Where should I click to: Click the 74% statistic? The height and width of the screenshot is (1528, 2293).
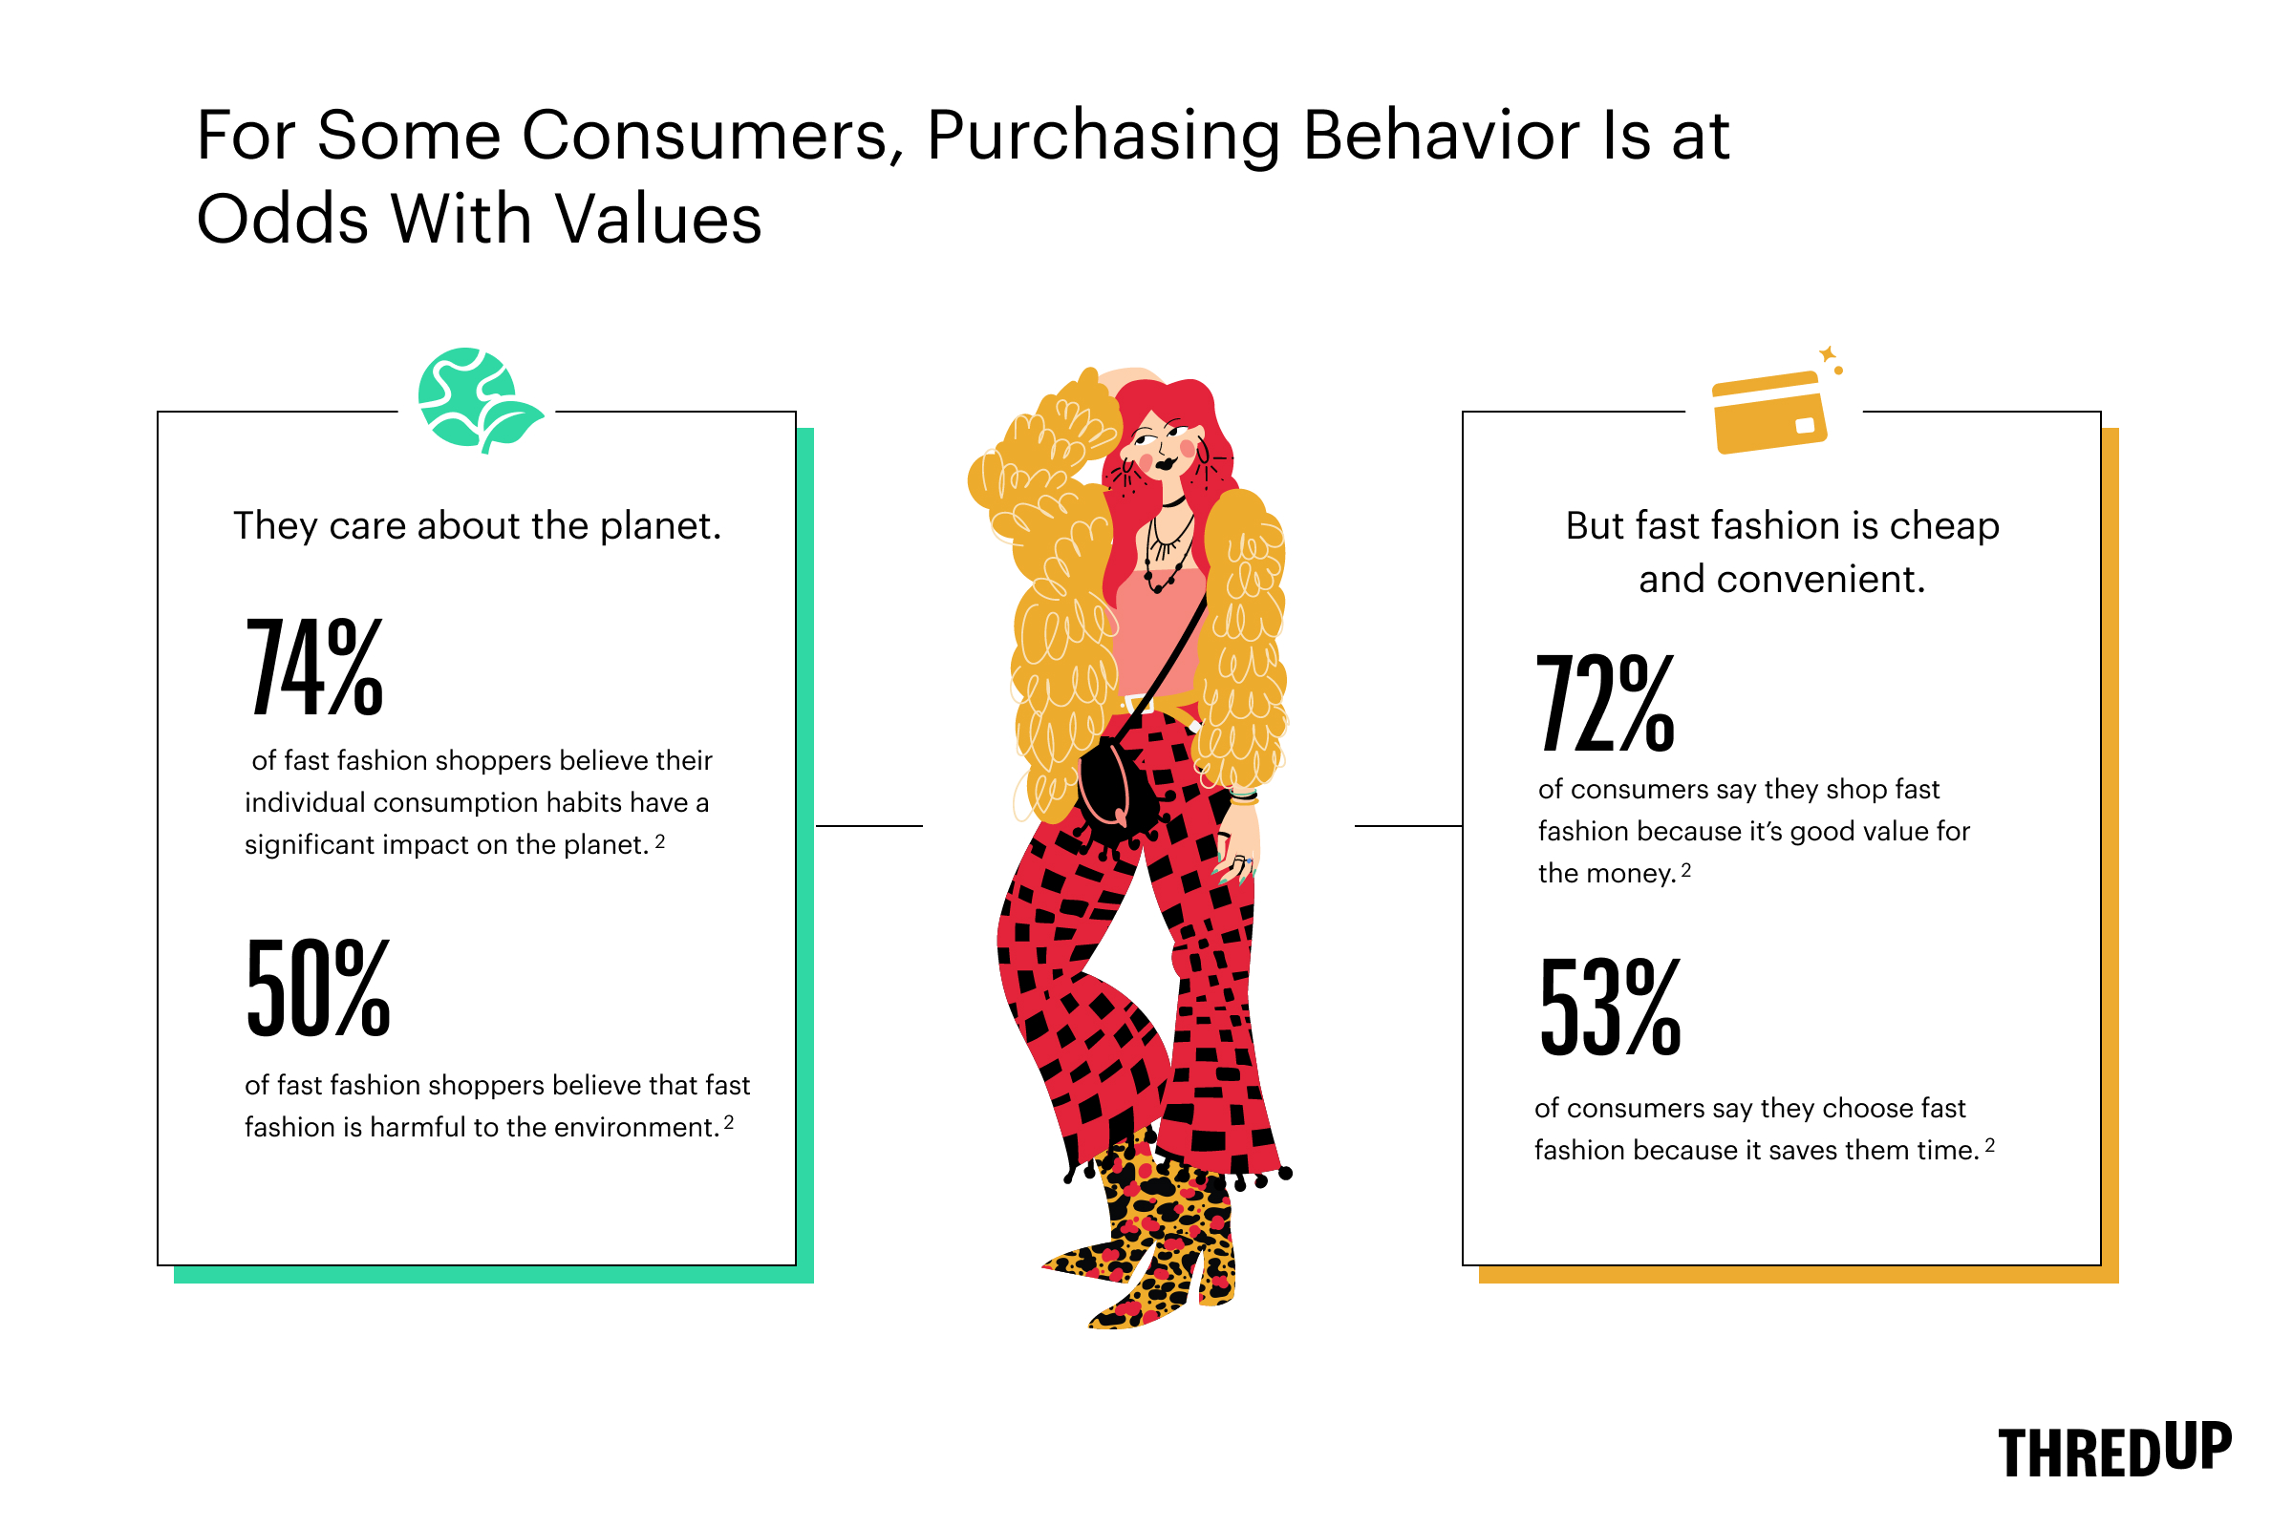coord(315,668)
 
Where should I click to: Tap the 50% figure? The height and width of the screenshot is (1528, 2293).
coord(319,987)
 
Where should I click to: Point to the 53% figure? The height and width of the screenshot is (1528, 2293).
coord(1611,1007)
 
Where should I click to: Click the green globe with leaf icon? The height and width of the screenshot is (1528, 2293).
coord(478,400)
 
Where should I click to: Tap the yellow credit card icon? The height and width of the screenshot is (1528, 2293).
coord(1768,413)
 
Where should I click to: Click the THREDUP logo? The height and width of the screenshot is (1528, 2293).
coord(2114,1450)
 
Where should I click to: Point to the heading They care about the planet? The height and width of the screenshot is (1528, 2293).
coord(478,526)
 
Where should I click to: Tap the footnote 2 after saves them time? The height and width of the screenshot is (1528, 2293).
coord(1990,1145)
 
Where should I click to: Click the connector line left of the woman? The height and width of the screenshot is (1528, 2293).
coord(868,826)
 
